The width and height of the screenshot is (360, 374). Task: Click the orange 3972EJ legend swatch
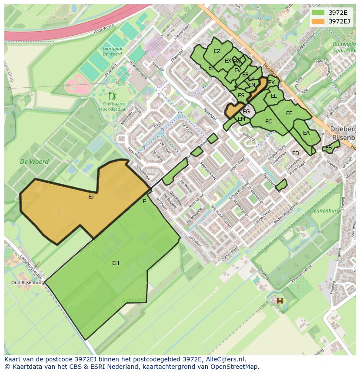[318, 21]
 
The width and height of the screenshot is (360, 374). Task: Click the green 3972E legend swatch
[318, 13]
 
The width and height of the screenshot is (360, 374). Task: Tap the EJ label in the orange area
[91, 197]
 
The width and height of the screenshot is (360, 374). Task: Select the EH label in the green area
[116, 263]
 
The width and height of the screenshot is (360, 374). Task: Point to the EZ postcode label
[217, 51]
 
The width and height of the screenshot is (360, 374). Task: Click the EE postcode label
[289, 113]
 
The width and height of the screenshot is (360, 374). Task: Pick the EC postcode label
[268, 122]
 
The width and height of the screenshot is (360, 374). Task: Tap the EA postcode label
[306, 133]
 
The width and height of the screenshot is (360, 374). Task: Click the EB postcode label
[328, 148]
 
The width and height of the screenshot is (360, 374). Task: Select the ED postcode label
[296, 153]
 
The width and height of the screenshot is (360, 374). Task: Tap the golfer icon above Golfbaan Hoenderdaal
[113, 96]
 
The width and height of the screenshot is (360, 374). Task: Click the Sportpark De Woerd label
[112, 52]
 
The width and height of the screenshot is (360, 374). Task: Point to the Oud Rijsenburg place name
[28, 282]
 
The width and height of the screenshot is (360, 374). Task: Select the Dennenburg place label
[325, 211]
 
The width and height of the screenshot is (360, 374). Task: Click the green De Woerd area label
[34, 162]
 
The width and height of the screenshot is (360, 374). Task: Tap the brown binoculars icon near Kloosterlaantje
[280, 301]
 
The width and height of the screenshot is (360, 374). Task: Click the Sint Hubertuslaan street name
[221, 214]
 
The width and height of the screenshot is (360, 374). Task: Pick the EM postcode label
[241, 119]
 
